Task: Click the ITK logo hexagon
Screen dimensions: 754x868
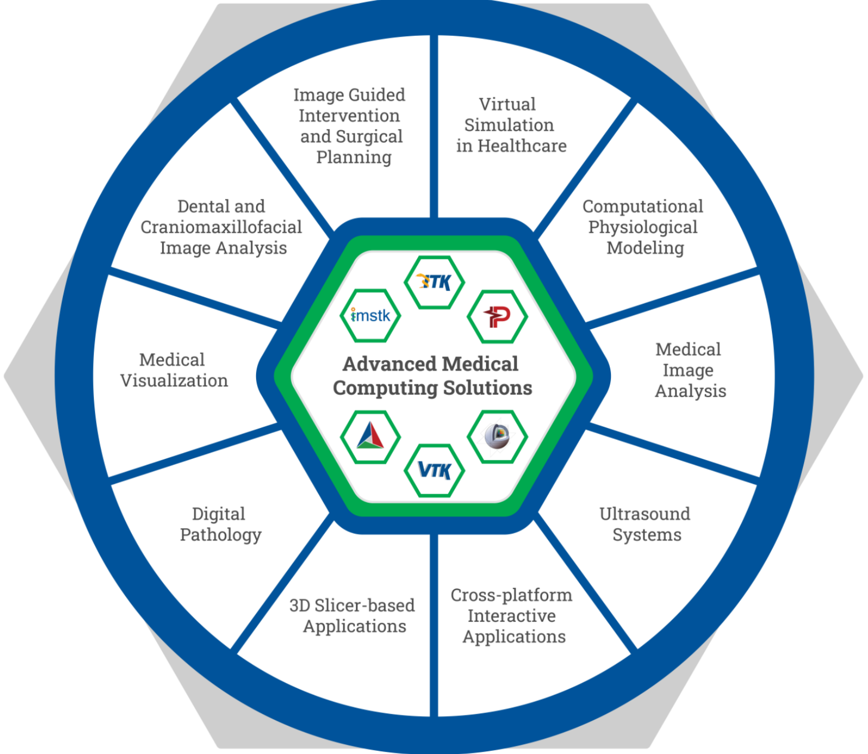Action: (434, 282)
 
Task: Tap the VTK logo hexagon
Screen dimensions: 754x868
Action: (434, 470)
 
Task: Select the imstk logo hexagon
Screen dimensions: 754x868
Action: (371, 316)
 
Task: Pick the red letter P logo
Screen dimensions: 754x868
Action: (497, 317)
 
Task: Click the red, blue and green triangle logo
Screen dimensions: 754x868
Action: (371, 437)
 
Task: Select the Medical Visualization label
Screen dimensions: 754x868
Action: (174, 370)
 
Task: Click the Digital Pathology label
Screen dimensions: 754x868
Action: (220, 524)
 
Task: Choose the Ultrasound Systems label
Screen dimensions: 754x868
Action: (645, 524)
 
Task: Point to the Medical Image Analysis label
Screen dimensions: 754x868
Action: (690, 370)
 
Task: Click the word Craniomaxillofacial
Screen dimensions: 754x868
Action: (221, 227)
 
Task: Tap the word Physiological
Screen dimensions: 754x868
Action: (643, 227)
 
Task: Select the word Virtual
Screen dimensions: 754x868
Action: (507, 104)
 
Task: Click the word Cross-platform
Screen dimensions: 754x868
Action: (511, 595)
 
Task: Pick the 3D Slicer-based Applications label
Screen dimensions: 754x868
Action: (353, 616)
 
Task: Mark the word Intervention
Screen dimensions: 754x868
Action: (349, 116)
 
